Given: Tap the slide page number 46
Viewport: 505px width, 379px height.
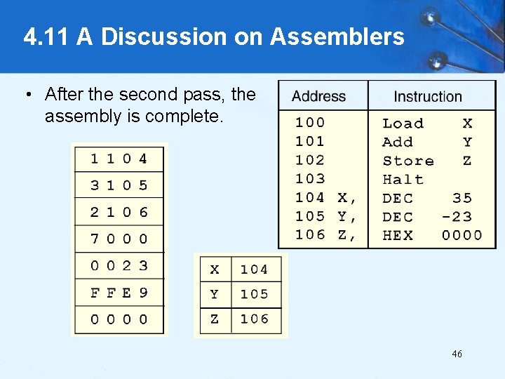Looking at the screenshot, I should point(457,354).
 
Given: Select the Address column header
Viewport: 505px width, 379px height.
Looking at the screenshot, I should point(319,96).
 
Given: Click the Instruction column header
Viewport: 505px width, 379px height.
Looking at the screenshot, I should point(427,96).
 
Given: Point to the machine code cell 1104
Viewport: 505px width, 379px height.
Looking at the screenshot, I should point(119,159).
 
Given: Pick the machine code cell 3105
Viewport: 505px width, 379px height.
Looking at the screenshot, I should point(119,185).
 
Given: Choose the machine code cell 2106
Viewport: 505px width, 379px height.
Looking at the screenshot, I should point(119,212).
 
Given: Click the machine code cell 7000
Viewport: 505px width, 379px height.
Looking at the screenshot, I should point(119,239).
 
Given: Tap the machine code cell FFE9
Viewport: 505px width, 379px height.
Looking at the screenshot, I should point(119,292).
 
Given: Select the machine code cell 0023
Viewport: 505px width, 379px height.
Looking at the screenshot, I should point(119,265).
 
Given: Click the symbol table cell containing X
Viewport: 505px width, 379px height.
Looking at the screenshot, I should point(215,270).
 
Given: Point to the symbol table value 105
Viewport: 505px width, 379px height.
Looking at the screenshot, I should point(254,294).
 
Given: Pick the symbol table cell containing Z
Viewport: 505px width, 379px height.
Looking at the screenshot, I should point(215,319).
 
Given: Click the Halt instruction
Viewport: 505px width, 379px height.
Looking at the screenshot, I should point(403,180).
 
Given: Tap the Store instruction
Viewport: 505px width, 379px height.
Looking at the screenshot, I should point(408,161).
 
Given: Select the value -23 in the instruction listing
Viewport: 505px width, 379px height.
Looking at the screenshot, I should point(457,217).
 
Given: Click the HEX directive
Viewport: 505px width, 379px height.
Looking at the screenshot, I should point(398,236).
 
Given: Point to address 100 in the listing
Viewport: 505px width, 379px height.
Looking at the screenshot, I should point(310,123).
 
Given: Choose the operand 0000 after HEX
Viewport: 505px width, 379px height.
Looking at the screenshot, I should point(462,236).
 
